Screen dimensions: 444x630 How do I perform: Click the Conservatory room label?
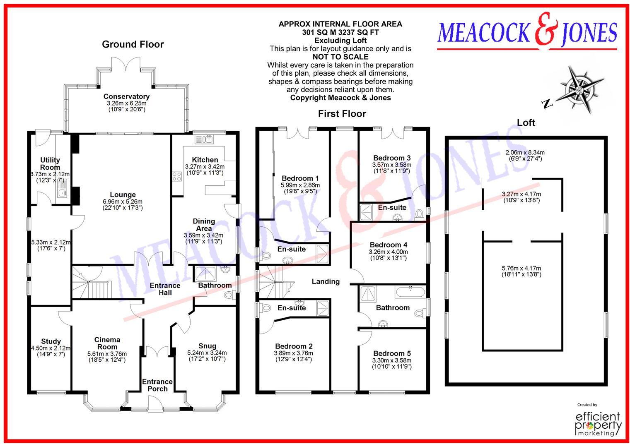click(x=126, y=96)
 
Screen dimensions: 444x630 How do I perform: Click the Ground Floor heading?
click(x=133, y=44)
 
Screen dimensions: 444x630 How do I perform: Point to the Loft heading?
click(x=526, y=122)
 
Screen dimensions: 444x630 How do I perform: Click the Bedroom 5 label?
click(x=391, y=353)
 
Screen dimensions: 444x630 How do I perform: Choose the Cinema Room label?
click(x=107, y=343)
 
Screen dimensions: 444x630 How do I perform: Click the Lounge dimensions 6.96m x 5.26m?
click(x=123, y=202)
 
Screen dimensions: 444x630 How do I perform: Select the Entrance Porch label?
click(x=157, y=385)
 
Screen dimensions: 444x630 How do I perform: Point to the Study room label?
click(x=51, y=341)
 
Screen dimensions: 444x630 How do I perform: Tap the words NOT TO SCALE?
click(x=340, y=57)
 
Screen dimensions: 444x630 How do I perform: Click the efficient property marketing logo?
click(x=598, y=422)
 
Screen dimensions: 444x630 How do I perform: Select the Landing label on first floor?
click(x=326, y=281)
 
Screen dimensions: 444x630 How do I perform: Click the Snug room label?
click(x=207, y=346)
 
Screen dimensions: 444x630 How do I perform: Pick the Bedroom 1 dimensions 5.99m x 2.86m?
click(x=300, y=185)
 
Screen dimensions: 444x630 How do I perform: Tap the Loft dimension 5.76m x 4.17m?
click(x=521, y=268)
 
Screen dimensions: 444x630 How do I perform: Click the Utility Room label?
click(x=50, y=163)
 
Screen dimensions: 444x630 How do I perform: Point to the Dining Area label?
click(x=204, y=225)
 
